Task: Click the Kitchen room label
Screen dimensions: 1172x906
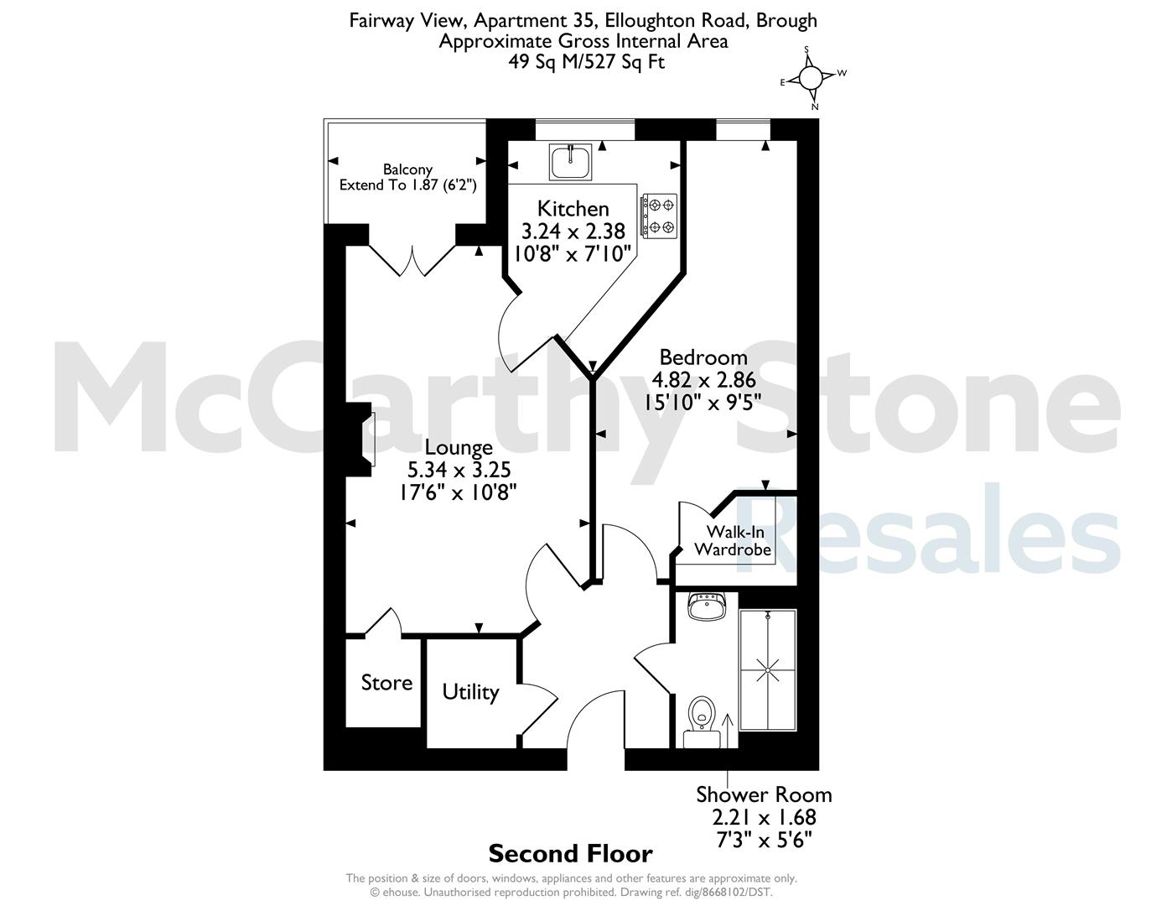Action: [x=573, y=208]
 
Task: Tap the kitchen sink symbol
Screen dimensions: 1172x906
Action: [x=570, y=161]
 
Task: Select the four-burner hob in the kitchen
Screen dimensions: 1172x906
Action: [x=659, y=216]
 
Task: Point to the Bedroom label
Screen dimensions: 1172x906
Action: [x=703, y=357]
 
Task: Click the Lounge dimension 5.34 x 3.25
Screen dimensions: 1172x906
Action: [x=459, y=470]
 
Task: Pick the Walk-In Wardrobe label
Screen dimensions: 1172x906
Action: [x=734, y=541]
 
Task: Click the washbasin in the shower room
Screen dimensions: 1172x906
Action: [x=707, y=607]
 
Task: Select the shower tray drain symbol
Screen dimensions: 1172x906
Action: [x=767, y=671]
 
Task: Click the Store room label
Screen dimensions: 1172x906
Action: [x=386, y=683]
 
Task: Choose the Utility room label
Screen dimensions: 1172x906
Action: [x=470, y=692]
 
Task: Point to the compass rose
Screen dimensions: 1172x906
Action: [x=810, y=79]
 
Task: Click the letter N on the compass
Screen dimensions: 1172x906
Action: [x=815, y=107]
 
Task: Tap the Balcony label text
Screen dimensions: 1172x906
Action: [x=407, y=169]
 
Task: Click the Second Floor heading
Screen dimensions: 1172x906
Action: [x=571, y=854]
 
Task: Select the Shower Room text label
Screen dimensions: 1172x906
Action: [x=764, y=794]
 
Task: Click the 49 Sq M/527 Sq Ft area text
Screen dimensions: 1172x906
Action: [x=586, y=61]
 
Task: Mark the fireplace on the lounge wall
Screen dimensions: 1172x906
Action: [x=360, y=440]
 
